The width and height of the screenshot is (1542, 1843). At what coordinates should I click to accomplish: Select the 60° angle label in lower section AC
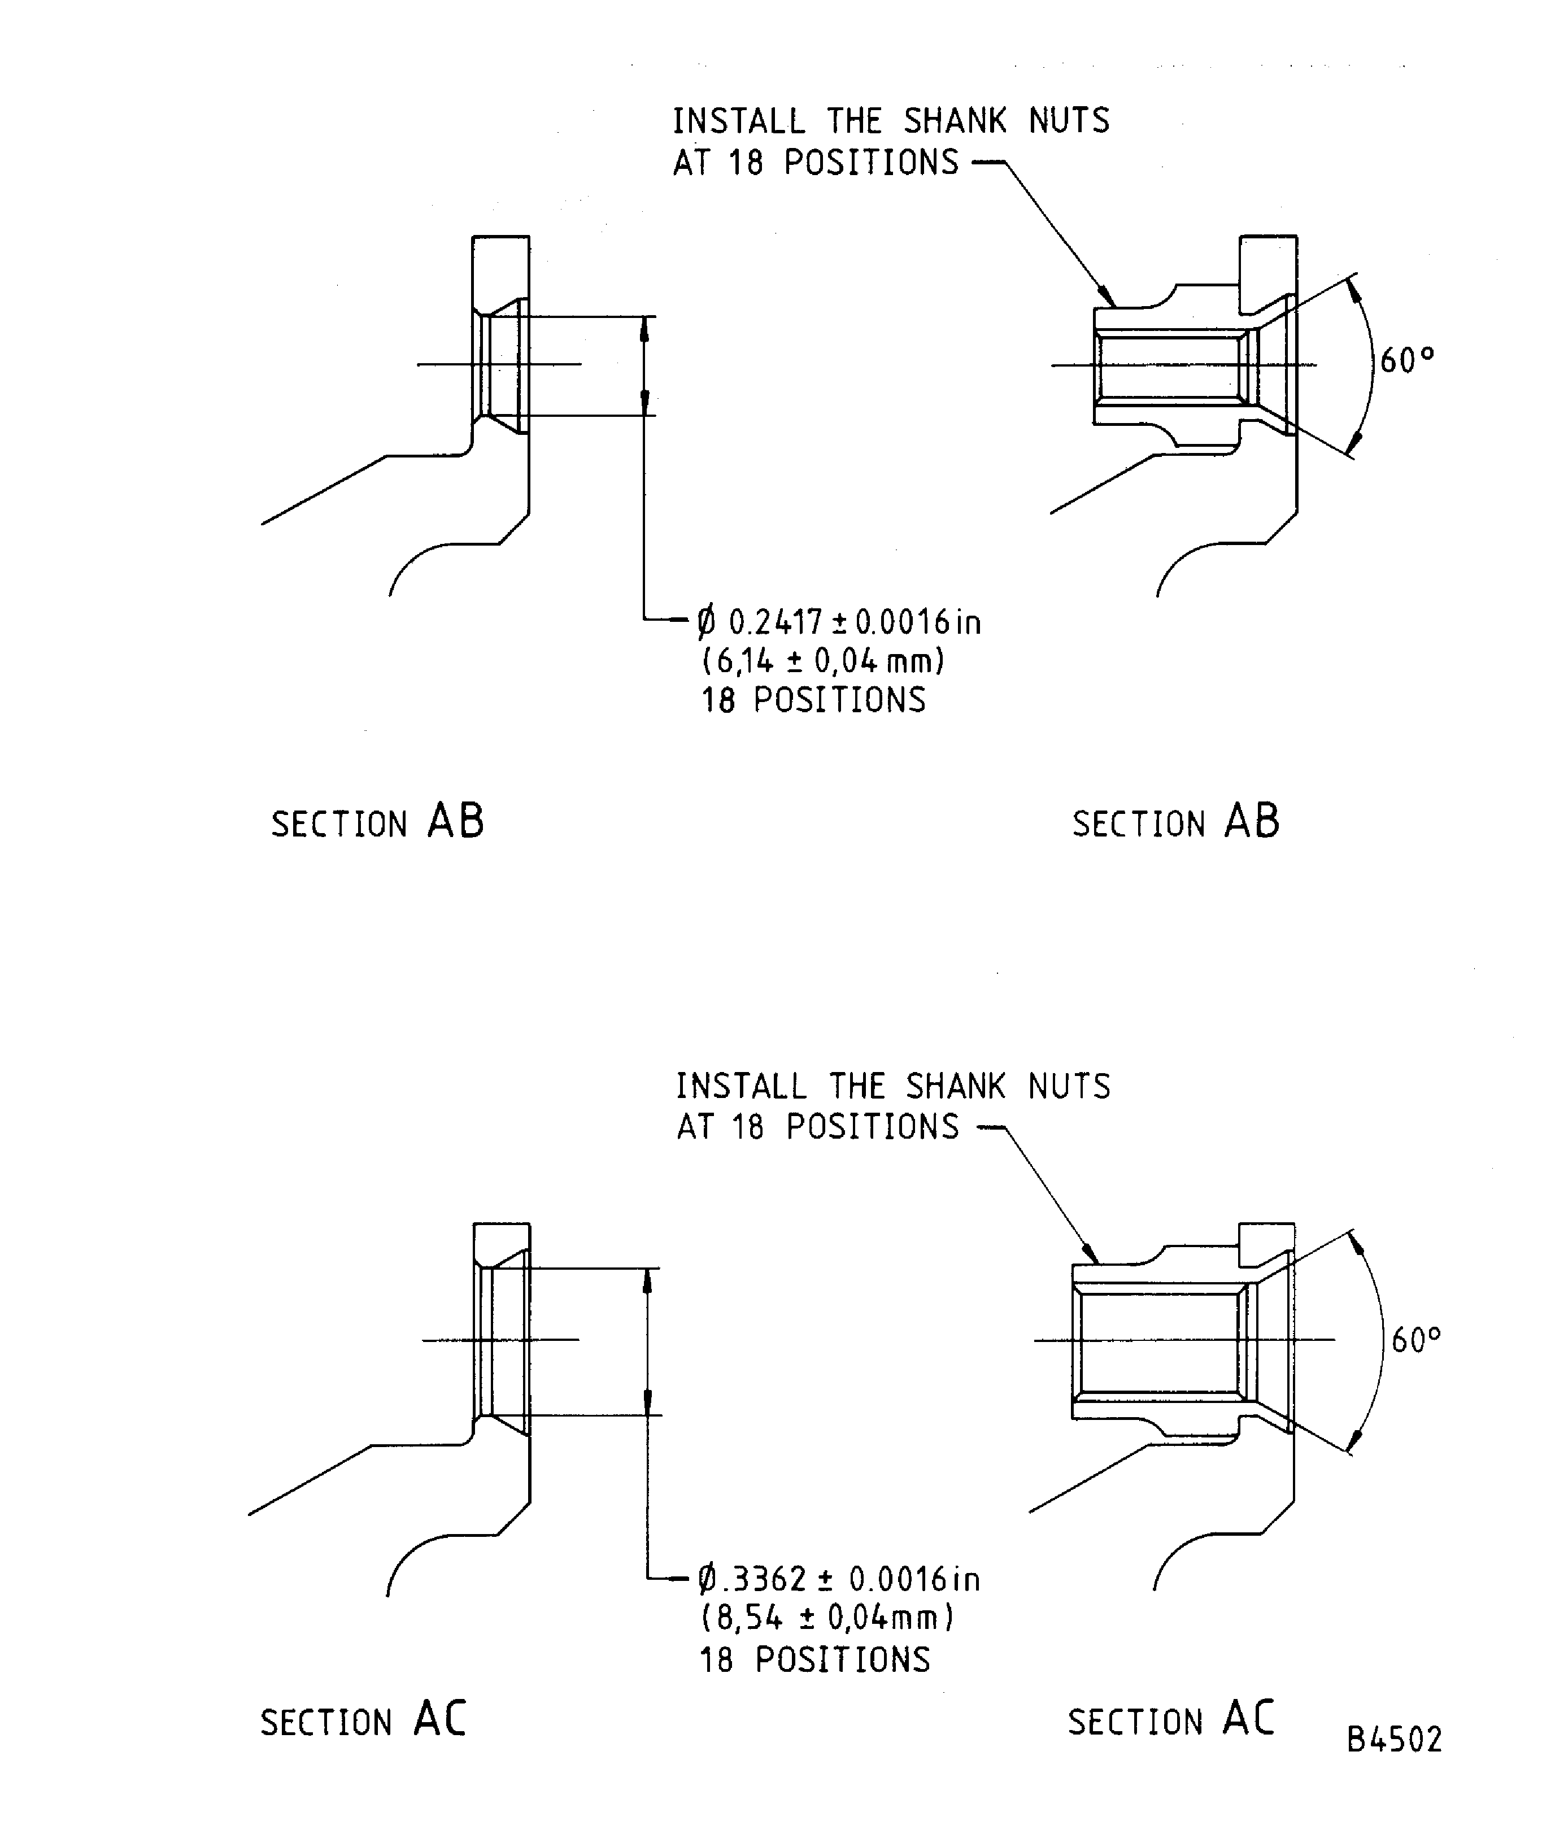coord(1415,1340)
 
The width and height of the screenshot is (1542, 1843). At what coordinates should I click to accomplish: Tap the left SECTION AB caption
coord(377,822)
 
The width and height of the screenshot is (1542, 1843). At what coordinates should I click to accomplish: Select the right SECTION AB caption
coord(1176,822)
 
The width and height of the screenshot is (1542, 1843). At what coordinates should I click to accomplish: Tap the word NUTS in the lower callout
coord(1069,1087)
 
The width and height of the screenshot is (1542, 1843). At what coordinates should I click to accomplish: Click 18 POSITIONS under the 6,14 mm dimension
coord(813,700)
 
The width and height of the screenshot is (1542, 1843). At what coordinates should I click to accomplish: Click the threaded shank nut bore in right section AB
coord(1168,365)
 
